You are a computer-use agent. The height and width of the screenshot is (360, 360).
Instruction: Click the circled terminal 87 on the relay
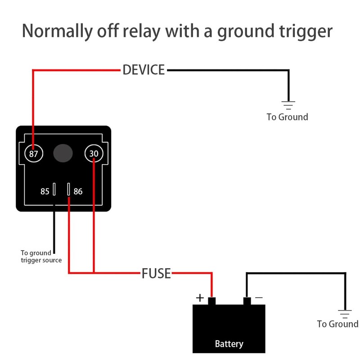point(33,154)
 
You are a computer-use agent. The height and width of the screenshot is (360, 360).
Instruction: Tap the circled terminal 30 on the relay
point(94,154)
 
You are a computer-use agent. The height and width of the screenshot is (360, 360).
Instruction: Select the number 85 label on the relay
point(45,191)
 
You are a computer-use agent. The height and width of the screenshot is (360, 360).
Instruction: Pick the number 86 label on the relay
point(78,191)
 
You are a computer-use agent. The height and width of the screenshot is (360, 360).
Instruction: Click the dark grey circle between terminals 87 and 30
point(63,153)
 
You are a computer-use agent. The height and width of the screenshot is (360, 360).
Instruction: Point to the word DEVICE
point(144,70)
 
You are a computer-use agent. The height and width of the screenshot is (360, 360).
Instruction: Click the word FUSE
point(156,273)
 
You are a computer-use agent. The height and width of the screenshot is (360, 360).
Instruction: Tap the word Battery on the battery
point(229,344)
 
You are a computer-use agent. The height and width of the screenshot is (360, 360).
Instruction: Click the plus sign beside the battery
point(199,298)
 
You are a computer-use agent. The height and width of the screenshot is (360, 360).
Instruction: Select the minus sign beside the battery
point(259,297)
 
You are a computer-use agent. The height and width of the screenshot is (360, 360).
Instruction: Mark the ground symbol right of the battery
point(345,314)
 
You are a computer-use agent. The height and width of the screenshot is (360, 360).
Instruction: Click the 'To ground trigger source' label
point(41,256)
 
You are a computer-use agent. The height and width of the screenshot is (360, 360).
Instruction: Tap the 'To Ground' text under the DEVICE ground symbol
point(287,117)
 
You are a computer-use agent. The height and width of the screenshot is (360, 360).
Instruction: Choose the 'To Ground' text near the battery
point(337,324)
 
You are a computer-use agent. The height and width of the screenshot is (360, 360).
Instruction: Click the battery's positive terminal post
point(211,301)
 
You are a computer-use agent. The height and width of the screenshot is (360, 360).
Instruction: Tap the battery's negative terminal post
point(247,301)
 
